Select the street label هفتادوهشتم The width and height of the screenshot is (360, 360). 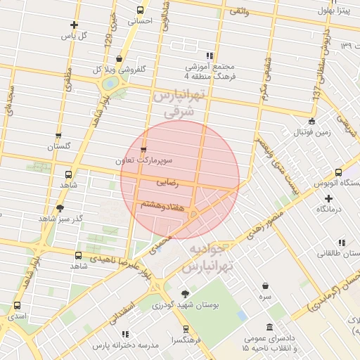(x=163, y=205)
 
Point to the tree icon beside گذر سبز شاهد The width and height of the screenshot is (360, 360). (x=60, y=208)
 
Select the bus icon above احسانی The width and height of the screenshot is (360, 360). (x=140, y=11)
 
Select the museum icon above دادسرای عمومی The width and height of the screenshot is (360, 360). (x=270, y=328)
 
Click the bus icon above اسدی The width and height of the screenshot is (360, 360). (x=17, y=306)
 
